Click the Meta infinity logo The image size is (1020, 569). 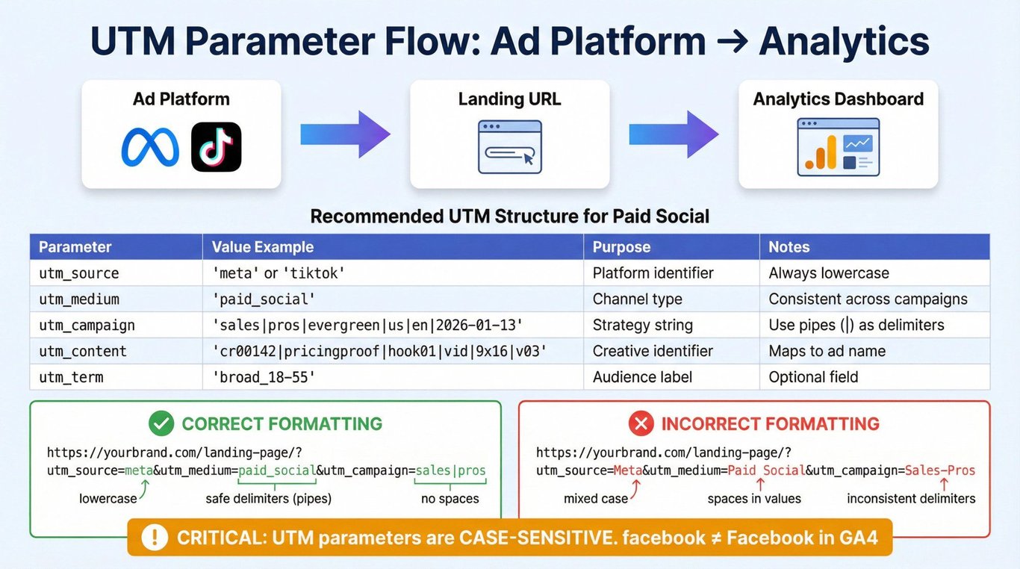(x=150, y=147)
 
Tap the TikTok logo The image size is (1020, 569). (x=217, y=146)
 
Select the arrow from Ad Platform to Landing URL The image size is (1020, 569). (x=345, y=134)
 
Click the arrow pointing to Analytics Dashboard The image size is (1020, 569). (x=674, y=134)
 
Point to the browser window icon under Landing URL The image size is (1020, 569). (x=510, y=146)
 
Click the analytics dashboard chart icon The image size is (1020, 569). (x=839, y=147)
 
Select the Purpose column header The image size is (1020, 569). (x=621, y=246)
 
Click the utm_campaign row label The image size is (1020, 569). (x=87, y=326)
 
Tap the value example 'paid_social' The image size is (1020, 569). (x=264, y=299)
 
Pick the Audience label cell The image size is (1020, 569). (x=642, y=377)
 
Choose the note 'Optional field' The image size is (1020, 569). (x=813, y=377)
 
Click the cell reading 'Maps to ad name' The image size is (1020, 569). (x=827, y=351)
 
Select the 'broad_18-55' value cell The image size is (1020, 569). (x=264, y=377)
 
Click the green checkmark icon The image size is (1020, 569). (x=161, y=423)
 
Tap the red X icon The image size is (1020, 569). (x=641, y=423)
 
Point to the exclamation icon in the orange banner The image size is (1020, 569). (x=155, y=537)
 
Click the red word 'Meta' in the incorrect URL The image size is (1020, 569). (x=628, y=470)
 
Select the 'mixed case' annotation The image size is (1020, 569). (x=596, y=499)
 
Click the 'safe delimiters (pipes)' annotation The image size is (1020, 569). (x=269, y=499)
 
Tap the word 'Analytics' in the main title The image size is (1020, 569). (x=845, y=42)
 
